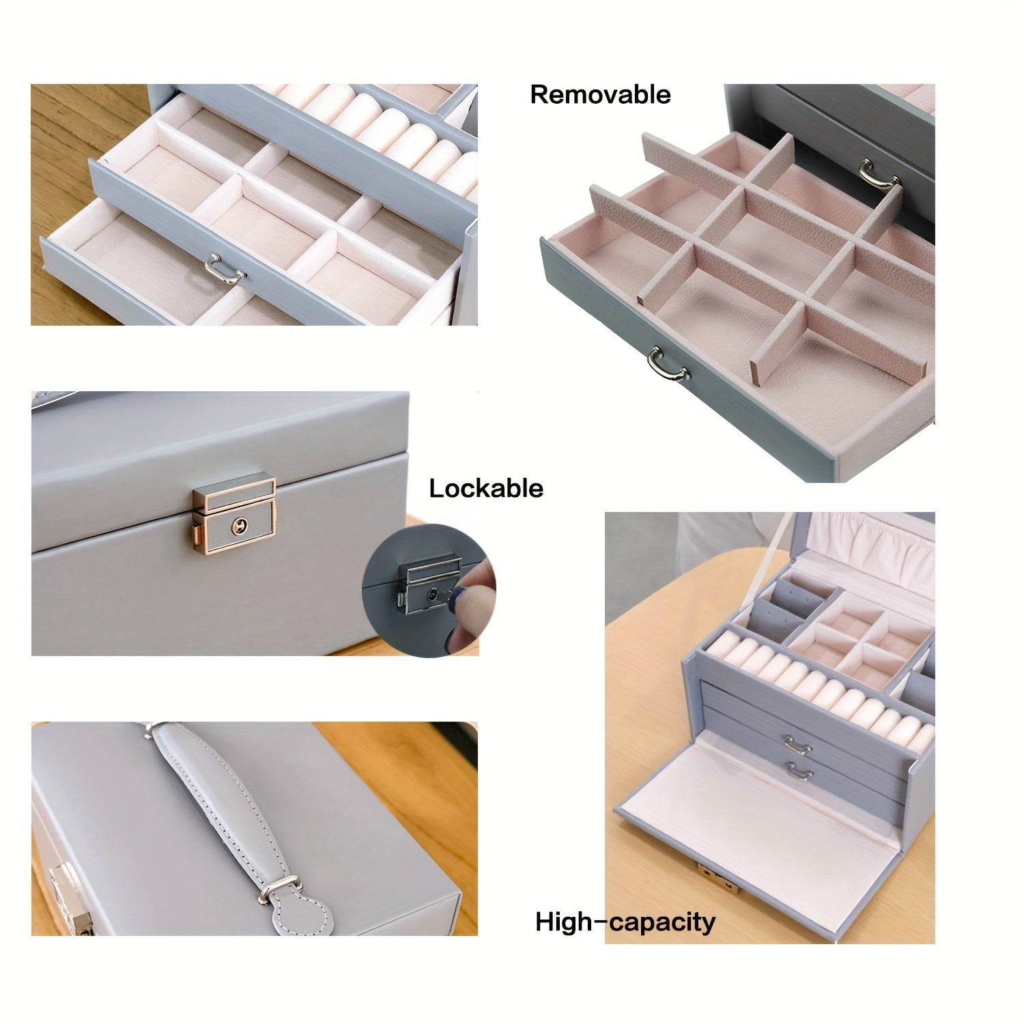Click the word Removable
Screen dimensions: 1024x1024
point(600,94)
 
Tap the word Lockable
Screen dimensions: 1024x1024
point(486,489)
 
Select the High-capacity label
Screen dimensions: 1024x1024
point(625,922)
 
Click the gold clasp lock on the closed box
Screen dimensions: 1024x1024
point(233,513)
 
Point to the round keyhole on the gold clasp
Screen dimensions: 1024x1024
point(239,526)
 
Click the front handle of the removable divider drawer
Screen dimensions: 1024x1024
point(668,364)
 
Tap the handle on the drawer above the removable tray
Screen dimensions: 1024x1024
point(879,173)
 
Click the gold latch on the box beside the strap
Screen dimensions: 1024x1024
point(70,898)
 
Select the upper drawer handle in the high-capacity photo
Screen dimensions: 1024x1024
point(797,743)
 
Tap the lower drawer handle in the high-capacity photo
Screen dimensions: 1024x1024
point(799,771)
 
